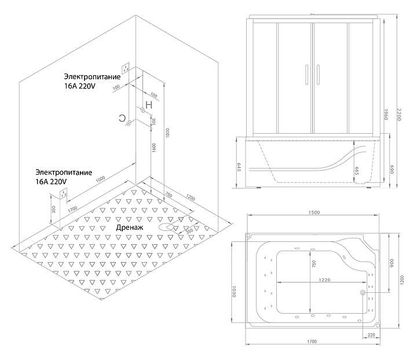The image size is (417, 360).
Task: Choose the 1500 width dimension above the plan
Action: point(313,212)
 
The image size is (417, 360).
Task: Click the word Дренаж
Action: point(130,228)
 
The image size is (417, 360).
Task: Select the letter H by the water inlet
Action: point(149,105)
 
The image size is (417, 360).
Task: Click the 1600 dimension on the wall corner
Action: point(153,149)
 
